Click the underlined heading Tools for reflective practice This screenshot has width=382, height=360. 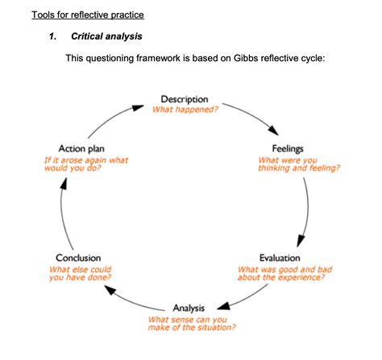point(87,16)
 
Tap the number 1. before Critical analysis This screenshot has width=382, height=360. point(54,37)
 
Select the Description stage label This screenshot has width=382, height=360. point(185,99)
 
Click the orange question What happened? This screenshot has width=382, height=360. point(185,110)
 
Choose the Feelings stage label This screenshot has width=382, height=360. point(288,149)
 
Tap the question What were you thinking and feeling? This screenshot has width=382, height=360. point(297,164)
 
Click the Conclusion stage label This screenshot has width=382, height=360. point(78,258)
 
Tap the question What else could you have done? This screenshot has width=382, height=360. point(80,273)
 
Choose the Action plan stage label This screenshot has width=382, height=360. point(81,149)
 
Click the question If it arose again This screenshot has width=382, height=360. point(85,164)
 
